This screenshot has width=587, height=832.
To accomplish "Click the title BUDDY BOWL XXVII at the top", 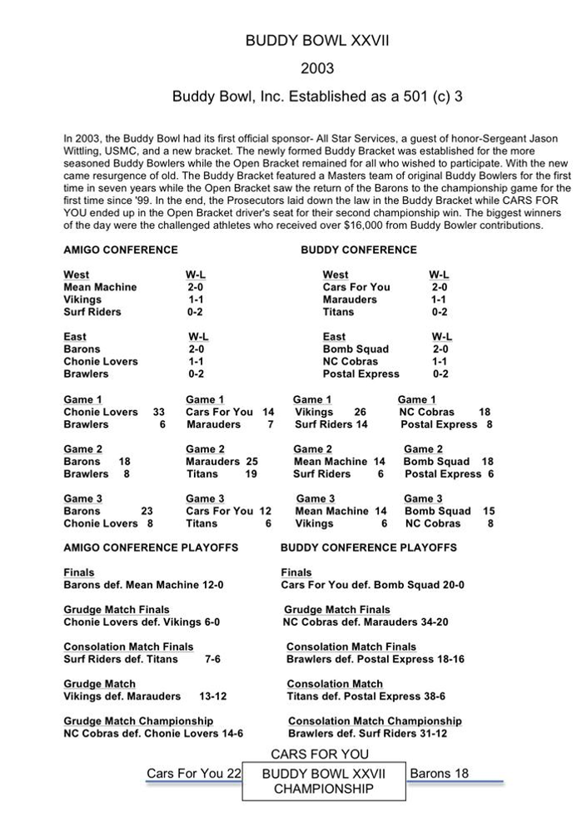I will pyautogui.click(x=317, y=41).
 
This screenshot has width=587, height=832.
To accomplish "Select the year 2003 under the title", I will pyautogui.click(x=317, y=68).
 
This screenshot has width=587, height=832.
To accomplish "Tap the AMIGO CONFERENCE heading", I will pyautogui.click(x=120, y=250).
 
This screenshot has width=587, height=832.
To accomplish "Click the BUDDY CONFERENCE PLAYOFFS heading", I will pyautogui.click(x=368, y=547).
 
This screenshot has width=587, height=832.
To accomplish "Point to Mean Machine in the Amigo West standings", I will pyautogui.click(x=100, y=287).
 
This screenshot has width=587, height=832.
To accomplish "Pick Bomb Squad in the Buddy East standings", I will pyautogui.click(x=356, y=349).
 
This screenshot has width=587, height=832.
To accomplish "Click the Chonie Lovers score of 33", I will pyautogui.click(x=159, y=412).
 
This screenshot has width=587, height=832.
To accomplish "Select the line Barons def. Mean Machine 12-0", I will pyautogui.click(x=143, y=585).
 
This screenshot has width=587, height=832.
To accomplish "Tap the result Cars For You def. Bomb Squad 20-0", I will pyautogui.click(x=372, y=585).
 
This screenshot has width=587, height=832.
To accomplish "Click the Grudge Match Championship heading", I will pyautogui.click(x=138, y=721).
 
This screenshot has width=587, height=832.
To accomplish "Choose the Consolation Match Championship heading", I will pyautogui.click(x=375, y=721).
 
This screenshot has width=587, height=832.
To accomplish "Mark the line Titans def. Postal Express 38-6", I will pyautogui.click(x=368, y=696).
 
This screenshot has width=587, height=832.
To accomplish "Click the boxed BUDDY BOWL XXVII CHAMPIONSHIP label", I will pyautogui.click(x=324, y=781).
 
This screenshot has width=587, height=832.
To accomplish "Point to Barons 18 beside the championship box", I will pyautogui.click(x=439, y=774).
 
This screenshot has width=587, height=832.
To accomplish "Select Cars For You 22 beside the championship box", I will pyautogui.click(x=193, y=774).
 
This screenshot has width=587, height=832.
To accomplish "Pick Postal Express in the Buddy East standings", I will pyautogui.click(x=361, y=374).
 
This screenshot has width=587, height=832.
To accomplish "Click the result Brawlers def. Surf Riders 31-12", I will pyautogui.click(x=367, y=734).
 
